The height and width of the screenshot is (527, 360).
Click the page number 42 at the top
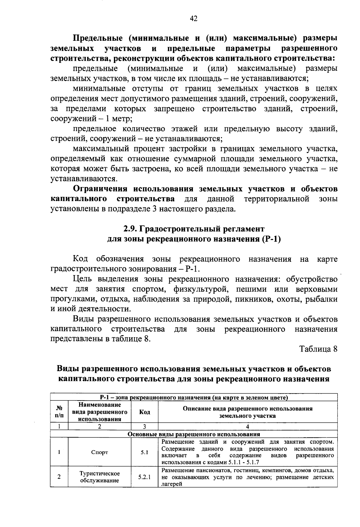tap(194, 19)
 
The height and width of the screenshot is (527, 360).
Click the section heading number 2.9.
tap(130, 229)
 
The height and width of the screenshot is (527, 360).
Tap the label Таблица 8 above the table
tap(318, 349)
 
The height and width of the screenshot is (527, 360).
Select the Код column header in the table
tap(145, 412)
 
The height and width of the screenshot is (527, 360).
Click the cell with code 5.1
tap(145, 452)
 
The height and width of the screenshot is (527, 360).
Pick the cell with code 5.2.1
tap(145, 476)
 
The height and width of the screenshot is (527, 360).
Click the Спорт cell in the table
tap(100, 452)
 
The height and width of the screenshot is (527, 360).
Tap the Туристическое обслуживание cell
tap(100, 477)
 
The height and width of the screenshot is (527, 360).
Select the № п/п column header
tap(59, 412)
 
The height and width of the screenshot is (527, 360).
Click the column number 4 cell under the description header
tap(247, 427)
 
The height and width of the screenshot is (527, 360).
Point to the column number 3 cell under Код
tap(144, 427)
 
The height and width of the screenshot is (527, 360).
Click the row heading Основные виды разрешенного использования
tap(194, 434)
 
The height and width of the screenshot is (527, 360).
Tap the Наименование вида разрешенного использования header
tap(100, 412)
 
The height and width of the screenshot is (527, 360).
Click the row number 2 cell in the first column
tap(59, 476)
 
